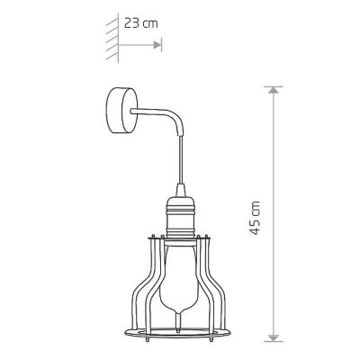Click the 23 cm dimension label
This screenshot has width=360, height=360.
click(141, 23)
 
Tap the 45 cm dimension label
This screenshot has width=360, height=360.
click(255, 218)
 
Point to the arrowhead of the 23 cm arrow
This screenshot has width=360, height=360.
click(157, 45)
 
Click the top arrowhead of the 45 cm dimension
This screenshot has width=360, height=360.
click(273, 90)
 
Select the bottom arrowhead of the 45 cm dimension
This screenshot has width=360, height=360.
click(273, 337)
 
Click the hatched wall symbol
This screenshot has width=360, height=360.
click(112, 38)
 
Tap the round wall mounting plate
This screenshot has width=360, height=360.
click(121, 111)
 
